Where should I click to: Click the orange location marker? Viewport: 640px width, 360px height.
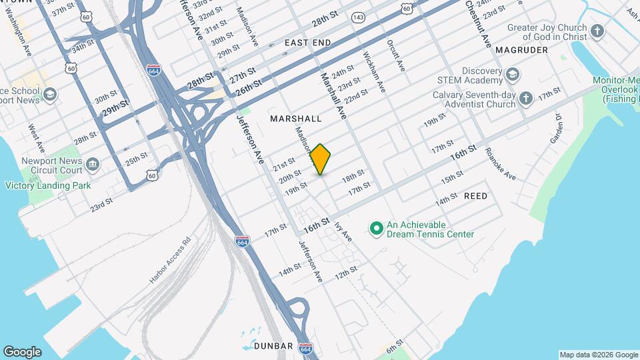[x=321, y=159]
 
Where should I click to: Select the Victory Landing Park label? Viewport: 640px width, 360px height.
[x=48, y=185]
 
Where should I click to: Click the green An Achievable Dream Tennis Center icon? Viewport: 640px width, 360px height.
[x=376, y=229]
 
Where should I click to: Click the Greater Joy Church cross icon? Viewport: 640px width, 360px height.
[x=597, y=31]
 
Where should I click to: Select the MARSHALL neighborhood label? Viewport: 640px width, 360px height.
[x=295, y=119]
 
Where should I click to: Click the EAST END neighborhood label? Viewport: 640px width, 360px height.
[x=307, y=43]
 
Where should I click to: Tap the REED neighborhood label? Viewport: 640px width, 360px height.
[x=475, y=196]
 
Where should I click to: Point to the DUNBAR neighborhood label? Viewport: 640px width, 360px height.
[x=273, y=346]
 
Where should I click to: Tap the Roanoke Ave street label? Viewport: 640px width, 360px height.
[x=500, y=164]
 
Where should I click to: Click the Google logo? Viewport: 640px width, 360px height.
[x=22, y=351]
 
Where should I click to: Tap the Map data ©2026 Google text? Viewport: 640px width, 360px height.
[x=598, y=355]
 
